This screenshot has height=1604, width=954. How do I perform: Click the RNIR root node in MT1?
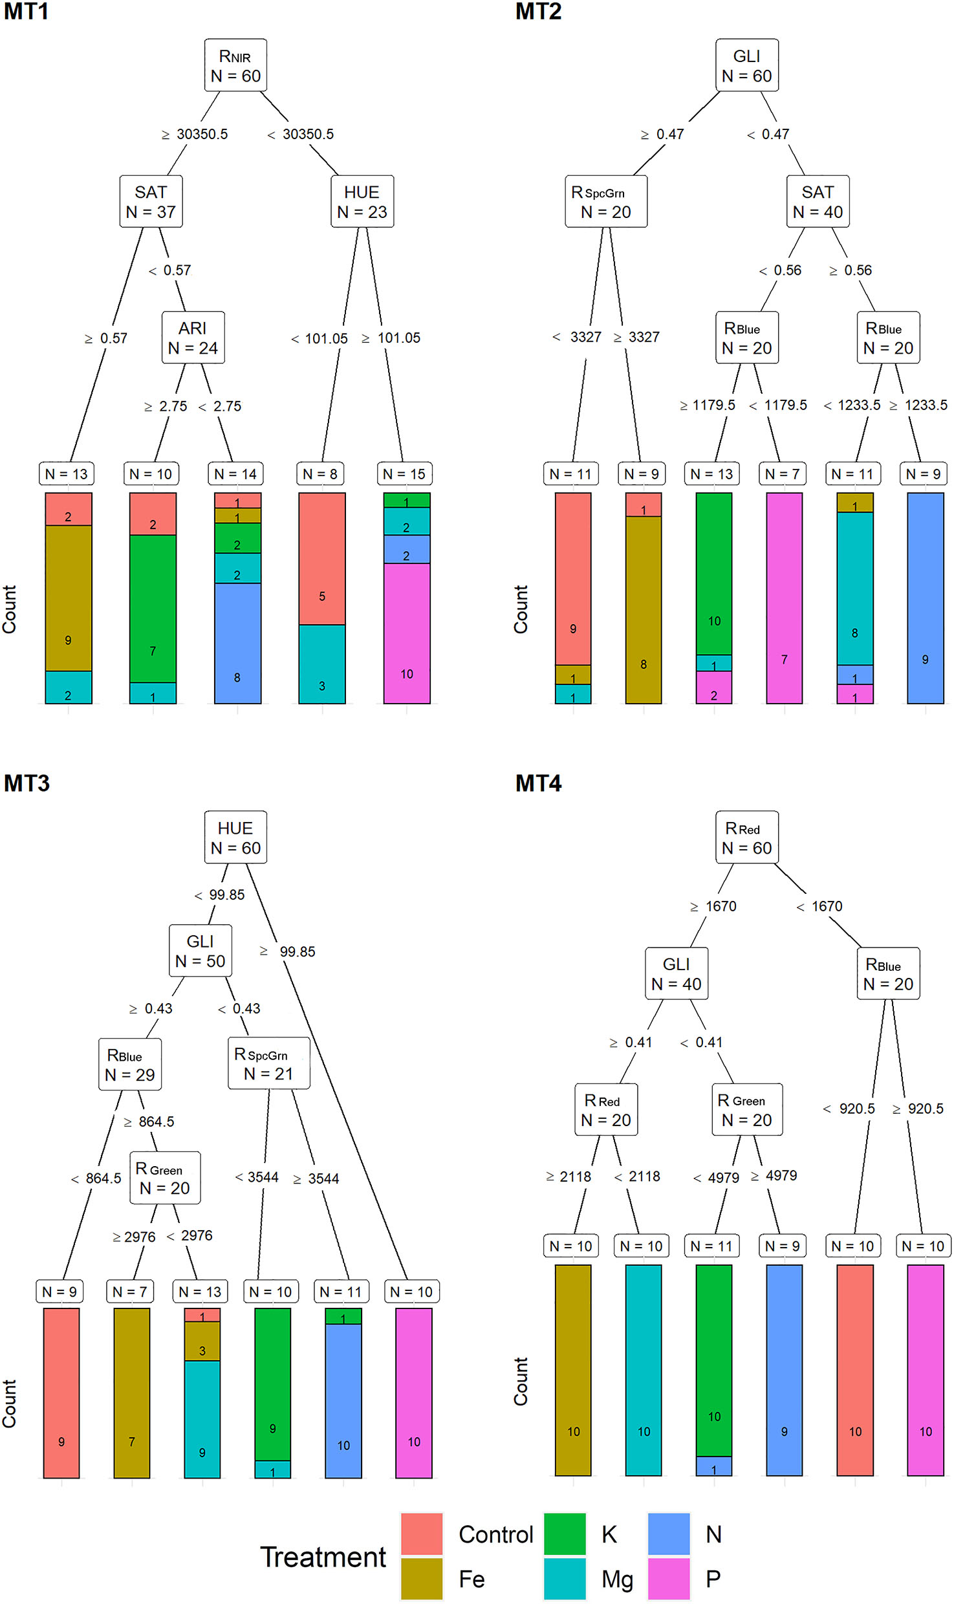235,65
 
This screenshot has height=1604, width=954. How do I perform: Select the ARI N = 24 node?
193,338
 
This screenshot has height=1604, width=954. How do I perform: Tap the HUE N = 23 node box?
362,201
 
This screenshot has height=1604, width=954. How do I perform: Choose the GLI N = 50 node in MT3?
200,951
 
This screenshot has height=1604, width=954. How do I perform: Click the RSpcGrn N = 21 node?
268,1063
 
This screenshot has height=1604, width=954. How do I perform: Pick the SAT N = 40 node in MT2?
818,201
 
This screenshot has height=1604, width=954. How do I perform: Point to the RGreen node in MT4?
747,1110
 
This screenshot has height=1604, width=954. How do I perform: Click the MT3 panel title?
27,783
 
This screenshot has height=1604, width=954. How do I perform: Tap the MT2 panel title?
538,12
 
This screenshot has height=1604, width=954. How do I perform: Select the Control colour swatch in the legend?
422,1534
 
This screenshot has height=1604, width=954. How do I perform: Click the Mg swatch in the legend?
565,1578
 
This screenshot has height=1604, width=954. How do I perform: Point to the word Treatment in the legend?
323,1557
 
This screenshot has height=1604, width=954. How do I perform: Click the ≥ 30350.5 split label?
195,134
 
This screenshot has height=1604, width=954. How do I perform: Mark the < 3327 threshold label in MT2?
577,337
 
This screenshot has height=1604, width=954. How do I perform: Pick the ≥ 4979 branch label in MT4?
774,1175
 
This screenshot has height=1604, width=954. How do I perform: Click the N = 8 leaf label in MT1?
320,474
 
